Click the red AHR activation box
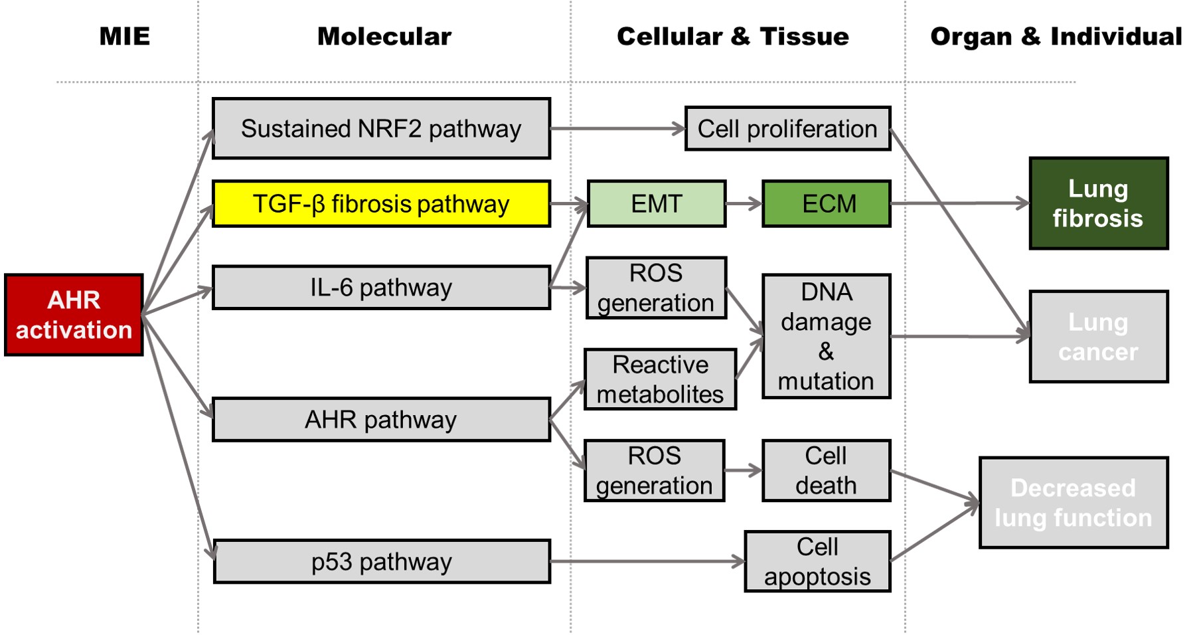click(74, 315)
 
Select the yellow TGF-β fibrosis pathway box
click(381, 204)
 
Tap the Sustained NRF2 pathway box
click(381, 129)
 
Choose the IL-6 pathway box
click(381, 288)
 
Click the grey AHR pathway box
click(381, 420)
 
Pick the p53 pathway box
click(382, 562)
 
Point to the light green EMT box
click(657, 204)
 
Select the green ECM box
click(827, 204)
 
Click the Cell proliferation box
click(787, 129)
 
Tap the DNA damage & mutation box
click(827, 337)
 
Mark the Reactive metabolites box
click(661, 379)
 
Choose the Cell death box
click(827, 471)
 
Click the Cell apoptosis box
click(817, 562)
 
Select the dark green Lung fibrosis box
click(1099, 204)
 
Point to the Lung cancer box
click(1099, 337)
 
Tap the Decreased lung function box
click(1074, 503)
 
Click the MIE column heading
click(125, 37)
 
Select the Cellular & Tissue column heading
click(733, 37)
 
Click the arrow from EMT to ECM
click(744, 204)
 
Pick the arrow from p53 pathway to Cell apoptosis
click(647, 562)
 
